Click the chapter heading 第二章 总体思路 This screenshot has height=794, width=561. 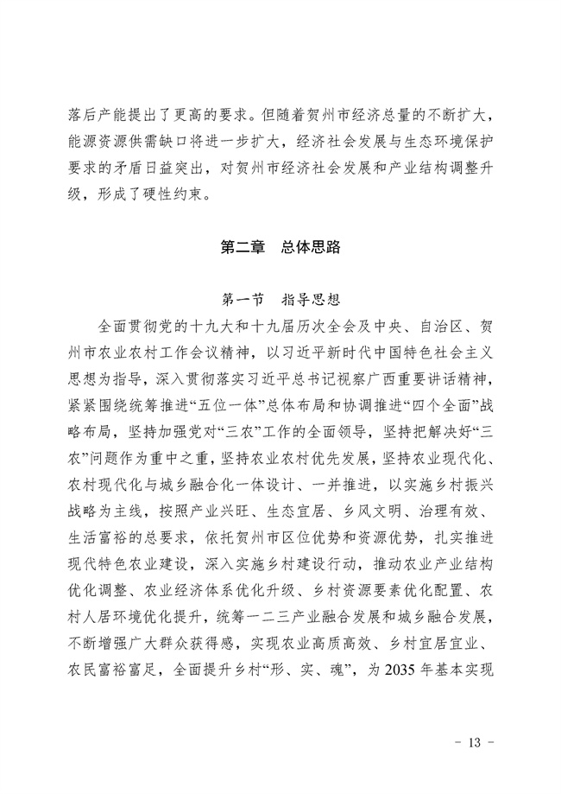[280, 248]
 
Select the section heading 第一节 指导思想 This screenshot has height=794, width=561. [280, 302]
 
